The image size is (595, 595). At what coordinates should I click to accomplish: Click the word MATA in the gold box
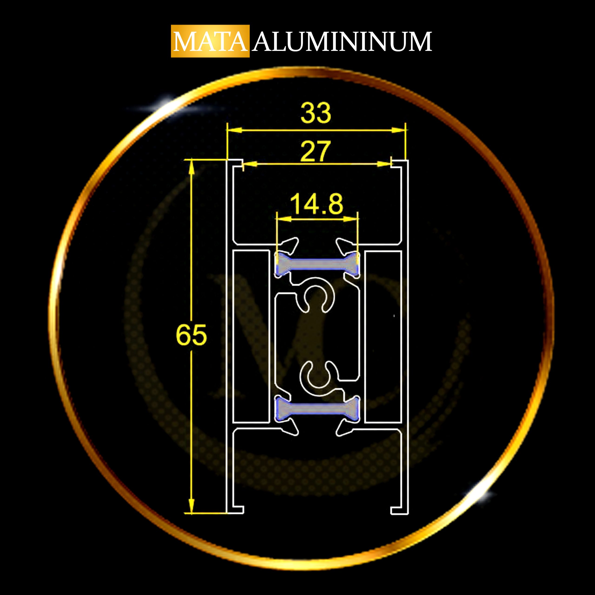(x=210, y=41)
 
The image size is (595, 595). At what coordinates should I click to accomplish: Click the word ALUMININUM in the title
(x=342, y=41)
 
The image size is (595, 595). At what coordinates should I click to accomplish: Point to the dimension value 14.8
(x=316, y=204)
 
